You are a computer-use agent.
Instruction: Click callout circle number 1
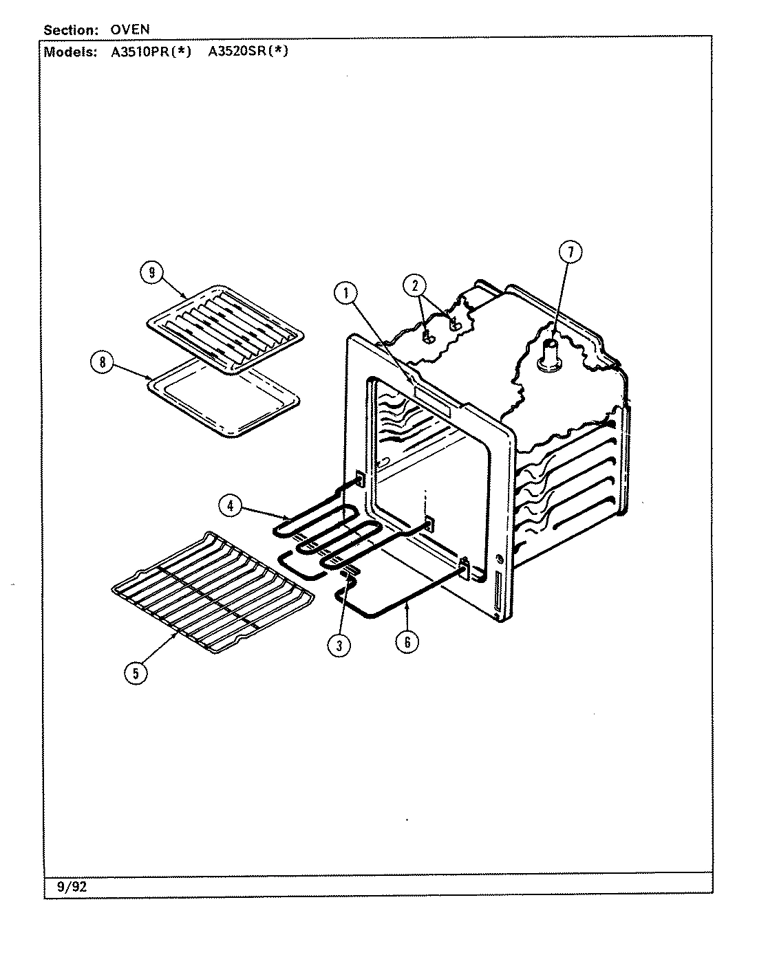pyautogui.click(x=345, y=294)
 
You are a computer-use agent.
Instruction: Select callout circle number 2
pyautogui.click(x=415, y=285)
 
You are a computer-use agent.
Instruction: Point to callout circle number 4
pyautogui.click(x=231, y=505)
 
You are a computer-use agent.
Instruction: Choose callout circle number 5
pyautogui.click(x=136, y=673)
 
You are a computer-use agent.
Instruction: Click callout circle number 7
pyautogui.click(x=570, y=252)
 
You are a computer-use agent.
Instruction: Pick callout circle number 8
pyautogui.click(x=103, y=362)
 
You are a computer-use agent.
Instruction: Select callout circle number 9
pyautogui.click(x=151, y=272)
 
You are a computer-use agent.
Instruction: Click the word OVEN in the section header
pyautogui.click(x=130, y=30)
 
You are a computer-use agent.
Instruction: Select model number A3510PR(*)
pyautogui.click(x=151, y=52)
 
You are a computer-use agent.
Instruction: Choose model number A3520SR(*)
pyautogui.click(x=248, y=52)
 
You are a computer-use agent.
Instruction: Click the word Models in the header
pyautogui.click(x=70, y=52)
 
